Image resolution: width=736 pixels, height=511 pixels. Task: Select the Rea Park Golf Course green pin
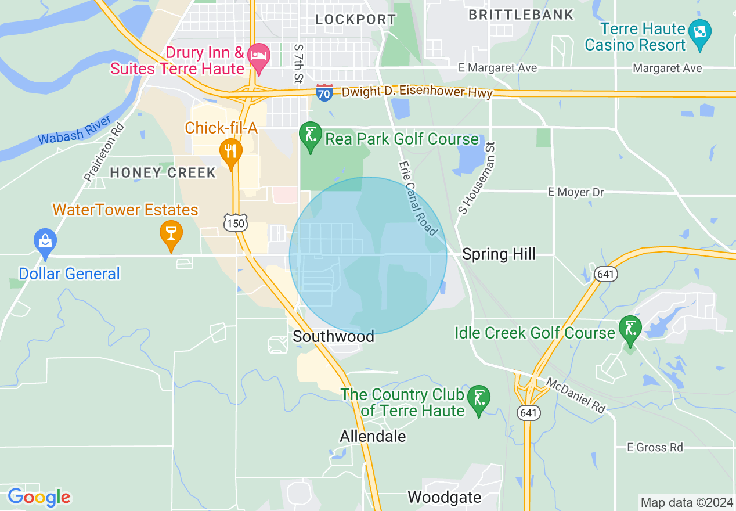coord(310,136)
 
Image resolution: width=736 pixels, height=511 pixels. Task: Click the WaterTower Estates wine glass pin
coord(171,234)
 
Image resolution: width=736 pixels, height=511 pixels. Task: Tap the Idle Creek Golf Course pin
coord(630,329)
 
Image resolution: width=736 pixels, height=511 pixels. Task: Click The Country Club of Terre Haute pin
coord(479,399)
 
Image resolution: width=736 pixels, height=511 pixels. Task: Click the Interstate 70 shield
coord(324,92)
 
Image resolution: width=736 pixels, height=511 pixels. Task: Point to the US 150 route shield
coord(236,222)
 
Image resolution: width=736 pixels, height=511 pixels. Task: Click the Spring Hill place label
coord(499,254)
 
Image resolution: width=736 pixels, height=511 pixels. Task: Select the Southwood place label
coord(333,336)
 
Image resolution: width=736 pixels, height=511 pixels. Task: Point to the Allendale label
coord(373,436)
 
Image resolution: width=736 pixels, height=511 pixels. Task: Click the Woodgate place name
coord(444,497)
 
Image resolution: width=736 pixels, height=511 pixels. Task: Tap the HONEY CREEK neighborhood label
coord(163,172)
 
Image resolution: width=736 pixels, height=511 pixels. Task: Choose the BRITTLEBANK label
coord(521,15)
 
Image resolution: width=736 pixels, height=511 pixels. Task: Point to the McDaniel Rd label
coord(575,395)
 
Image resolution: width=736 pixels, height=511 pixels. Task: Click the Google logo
coord(39,497)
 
